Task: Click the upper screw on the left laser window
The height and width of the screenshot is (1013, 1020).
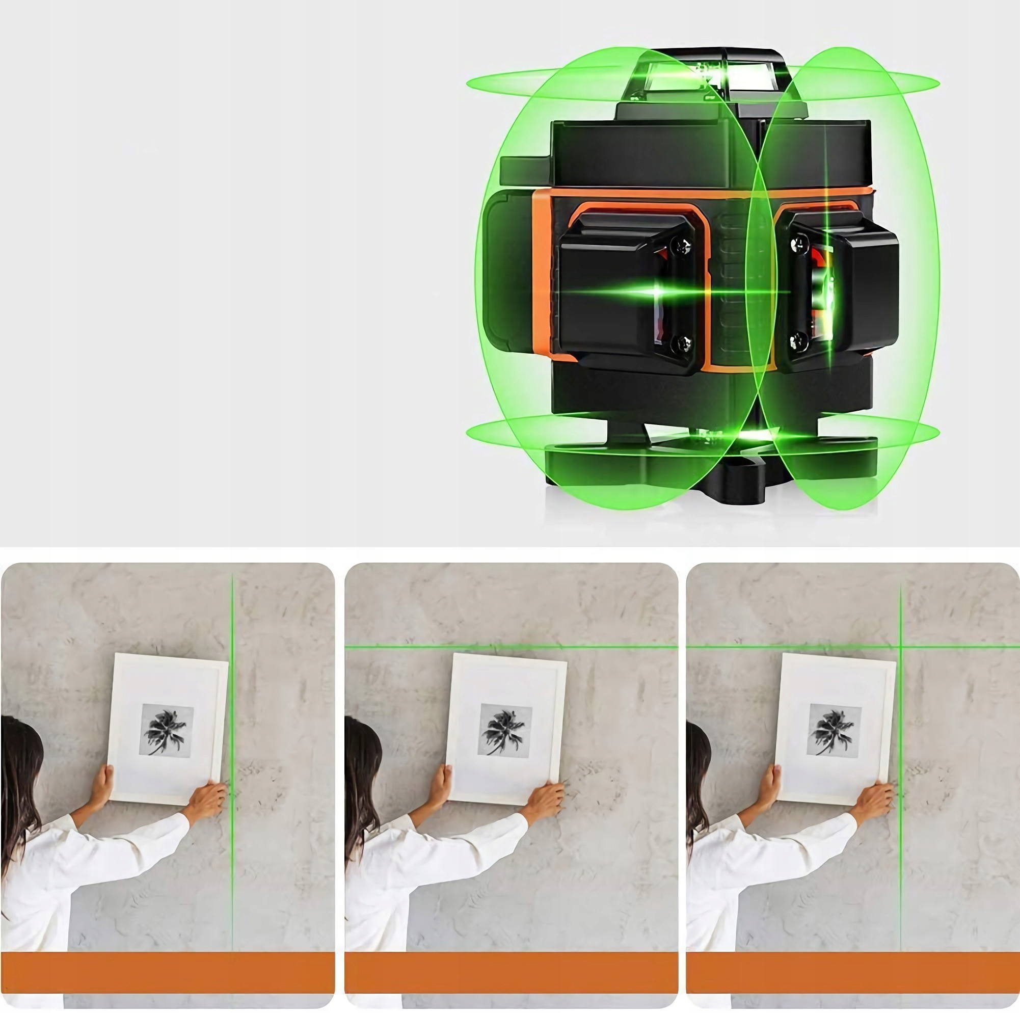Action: tap(682, 245)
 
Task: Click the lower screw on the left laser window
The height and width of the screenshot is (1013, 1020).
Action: tap(682, 344)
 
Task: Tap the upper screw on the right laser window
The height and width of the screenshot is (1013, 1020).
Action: tap(799, 244)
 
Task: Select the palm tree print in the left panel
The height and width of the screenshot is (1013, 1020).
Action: tap(166, 732)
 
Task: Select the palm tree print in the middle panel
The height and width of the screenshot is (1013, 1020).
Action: tap(504, 732)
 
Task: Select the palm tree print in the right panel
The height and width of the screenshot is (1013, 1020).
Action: tap(834, 732)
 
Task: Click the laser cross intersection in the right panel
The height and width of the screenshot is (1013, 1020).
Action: tap(901, 647)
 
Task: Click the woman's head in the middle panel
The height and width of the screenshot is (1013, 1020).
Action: tap(362, 755)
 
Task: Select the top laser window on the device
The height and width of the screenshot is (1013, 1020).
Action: tap(686, 76)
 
